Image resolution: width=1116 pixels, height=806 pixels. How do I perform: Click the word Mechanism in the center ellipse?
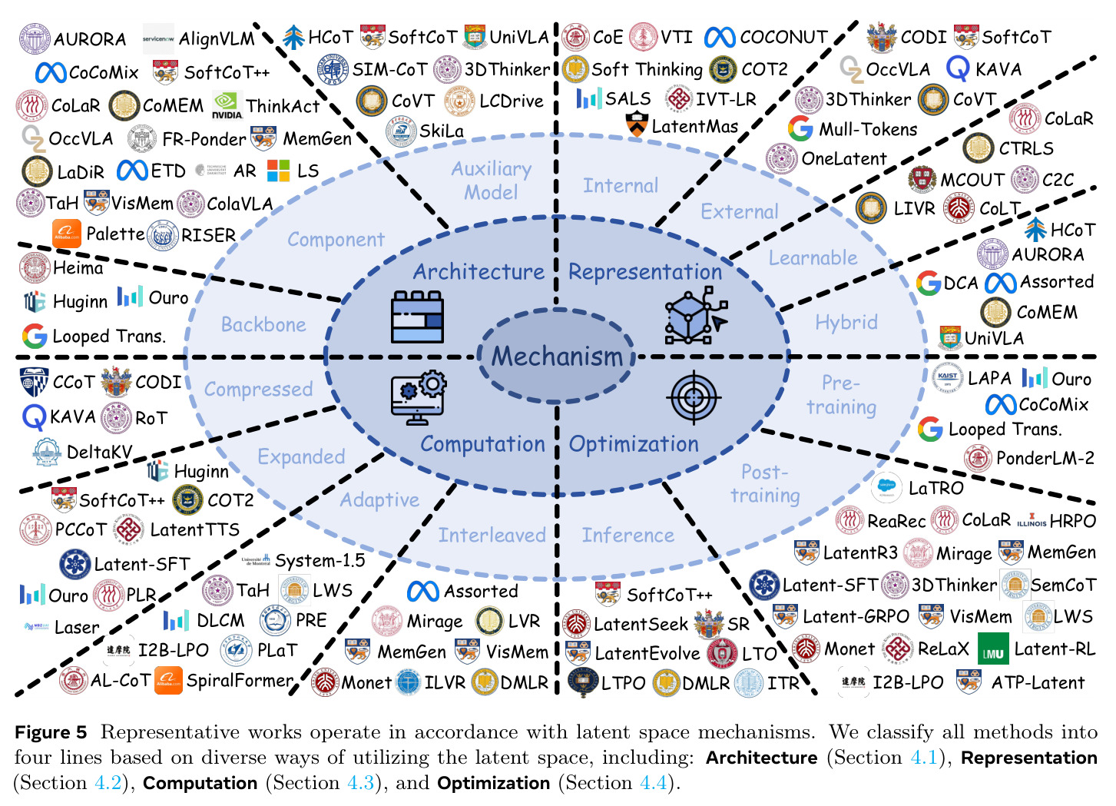[x=557, y=356]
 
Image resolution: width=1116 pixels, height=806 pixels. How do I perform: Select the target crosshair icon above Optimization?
[x=694, y=397]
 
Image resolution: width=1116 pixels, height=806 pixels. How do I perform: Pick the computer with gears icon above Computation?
[x=419, y=397]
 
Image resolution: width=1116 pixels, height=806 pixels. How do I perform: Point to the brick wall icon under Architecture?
[x=417, y=317]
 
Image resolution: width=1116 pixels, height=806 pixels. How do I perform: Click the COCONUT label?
[x=783, y=37]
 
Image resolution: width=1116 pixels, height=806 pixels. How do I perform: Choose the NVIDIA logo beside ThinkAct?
[x=227, y=105]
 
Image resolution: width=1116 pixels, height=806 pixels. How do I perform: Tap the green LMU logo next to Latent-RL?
[x=993, y=648]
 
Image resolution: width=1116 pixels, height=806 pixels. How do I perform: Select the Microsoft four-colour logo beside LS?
[x=278, y=171]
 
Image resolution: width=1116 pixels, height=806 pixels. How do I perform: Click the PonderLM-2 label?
[x=1045, y=458]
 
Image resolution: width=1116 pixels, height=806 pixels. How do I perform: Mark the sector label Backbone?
[x=263, y=324]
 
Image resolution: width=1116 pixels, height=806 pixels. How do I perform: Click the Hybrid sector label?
[x=846, y=323]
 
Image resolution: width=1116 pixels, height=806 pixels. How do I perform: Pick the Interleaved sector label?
[x=492, y=535]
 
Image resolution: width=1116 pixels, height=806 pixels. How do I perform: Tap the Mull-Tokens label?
[x=868, y=129]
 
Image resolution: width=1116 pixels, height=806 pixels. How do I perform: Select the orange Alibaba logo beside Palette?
[x=67, y=234]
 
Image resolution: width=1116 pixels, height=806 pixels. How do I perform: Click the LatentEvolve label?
[x=647, y=653]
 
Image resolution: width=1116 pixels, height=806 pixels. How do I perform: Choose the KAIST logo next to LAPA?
[x=946, y=378]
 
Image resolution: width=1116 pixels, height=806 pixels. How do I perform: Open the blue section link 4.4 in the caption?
[x=653, y=783]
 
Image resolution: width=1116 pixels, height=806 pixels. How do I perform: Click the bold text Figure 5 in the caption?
[x=51, y=732]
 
